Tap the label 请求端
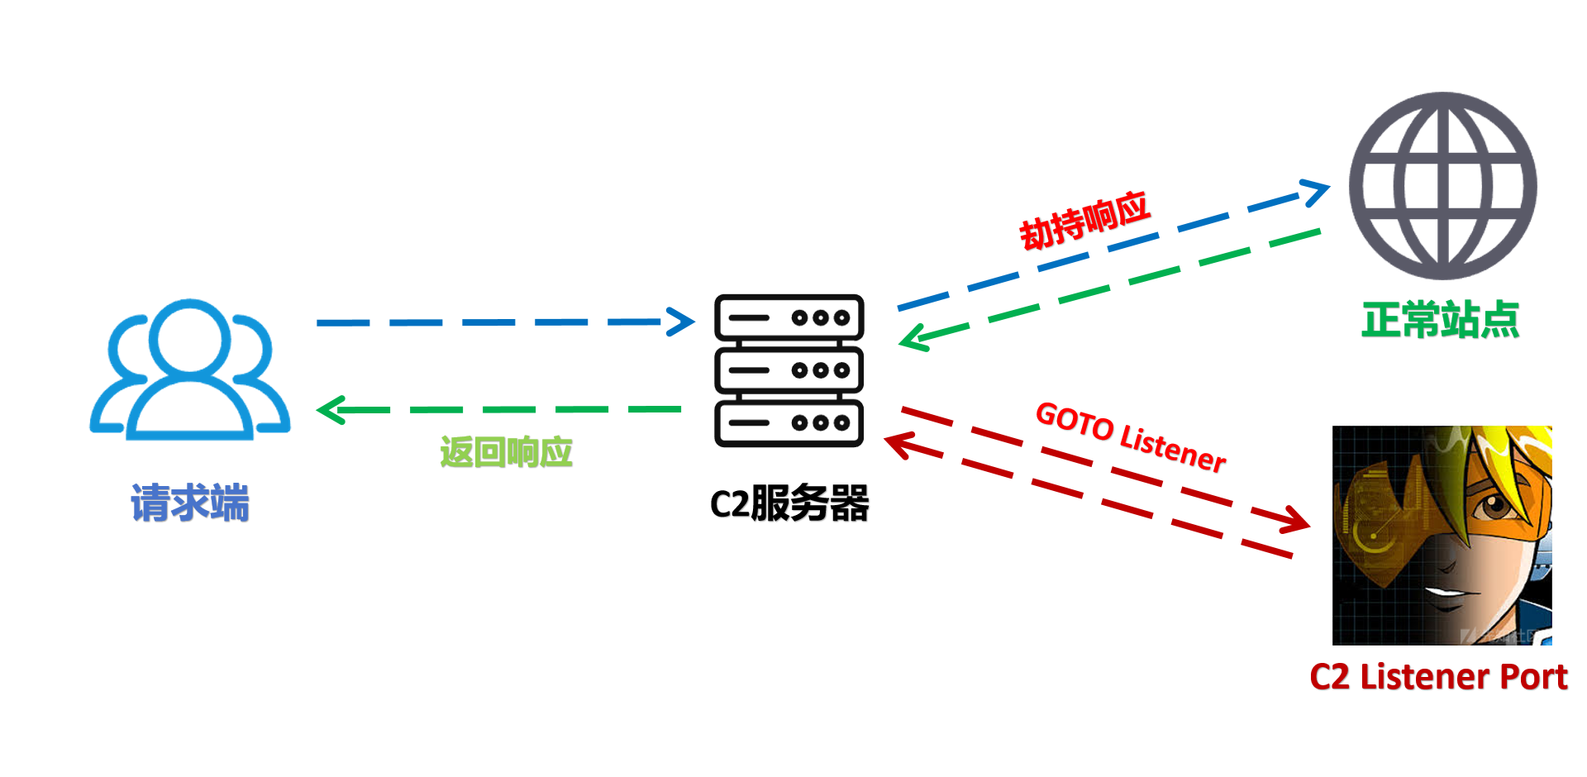190,503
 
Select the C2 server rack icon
789,370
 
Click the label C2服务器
789,503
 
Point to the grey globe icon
1442,186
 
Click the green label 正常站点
1440,320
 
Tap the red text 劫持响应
1084,220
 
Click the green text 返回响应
506,452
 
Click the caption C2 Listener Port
1438,677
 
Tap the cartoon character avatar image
1442,535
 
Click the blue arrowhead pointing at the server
683,322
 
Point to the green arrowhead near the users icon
331,410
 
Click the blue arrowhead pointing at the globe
1315,193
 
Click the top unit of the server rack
789,317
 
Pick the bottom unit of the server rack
789,423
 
